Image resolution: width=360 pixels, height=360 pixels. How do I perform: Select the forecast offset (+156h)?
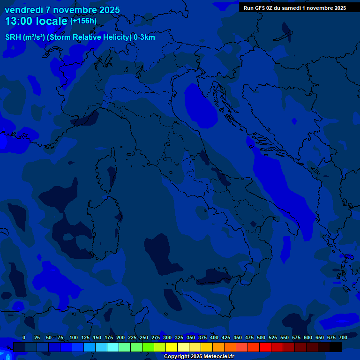(83, 21)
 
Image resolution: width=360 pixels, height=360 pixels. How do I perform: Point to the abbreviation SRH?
(13, 37)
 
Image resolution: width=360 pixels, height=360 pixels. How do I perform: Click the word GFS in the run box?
(260, 8)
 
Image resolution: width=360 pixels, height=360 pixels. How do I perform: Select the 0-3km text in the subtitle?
(144, 37)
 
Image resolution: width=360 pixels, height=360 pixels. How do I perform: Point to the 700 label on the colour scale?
(343, 337)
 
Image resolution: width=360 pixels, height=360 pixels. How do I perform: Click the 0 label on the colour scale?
(24, 337)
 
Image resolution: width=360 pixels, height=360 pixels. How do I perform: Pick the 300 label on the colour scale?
(167, 337)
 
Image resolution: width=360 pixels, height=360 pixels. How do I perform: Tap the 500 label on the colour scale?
(261, 337)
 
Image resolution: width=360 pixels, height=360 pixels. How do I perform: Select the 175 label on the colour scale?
(108, 337)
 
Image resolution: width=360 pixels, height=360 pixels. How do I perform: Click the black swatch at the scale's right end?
(336, 347)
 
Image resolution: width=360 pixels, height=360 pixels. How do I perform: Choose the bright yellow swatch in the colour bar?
(172, 347)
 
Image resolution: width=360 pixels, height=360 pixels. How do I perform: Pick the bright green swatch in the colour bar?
(148, 347)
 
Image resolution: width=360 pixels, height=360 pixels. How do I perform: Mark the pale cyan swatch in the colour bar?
(113, 347)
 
